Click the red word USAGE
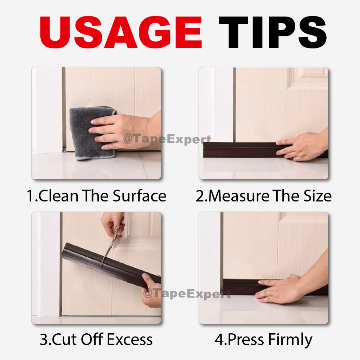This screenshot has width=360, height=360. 121,32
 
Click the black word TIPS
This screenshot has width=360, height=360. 272,32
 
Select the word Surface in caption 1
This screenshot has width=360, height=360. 139,196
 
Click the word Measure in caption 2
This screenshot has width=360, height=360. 239,196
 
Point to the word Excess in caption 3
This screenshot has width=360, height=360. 130,339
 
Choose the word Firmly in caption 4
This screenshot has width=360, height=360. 290,340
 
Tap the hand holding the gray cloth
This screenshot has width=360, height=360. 124,131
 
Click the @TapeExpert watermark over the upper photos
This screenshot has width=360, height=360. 167,139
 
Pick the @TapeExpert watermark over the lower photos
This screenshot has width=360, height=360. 187,294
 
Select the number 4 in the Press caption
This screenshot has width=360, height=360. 219,340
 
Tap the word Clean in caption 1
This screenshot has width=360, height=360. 58,196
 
